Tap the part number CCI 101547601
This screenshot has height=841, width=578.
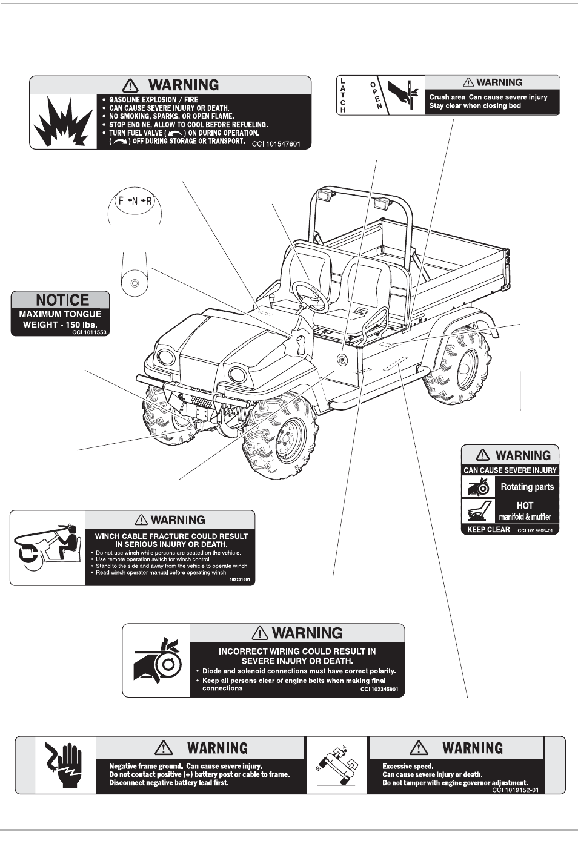tap(276, 144)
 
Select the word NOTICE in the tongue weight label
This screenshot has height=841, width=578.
tap(62, 300)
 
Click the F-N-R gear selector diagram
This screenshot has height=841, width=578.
tap(135, 201)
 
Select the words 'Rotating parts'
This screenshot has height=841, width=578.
tap(527, 487)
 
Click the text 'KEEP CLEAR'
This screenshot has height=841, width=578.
tap(488, 529)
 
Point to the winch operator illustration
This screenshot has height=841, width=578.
tap(47, 546)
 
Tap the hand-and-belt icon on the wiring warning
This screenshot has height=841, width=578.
tap(157, 661)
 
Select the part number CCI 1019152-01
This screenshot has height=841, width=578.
tap(515, 790)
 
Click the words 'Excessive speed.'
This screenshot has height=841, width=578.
tap(408, 766)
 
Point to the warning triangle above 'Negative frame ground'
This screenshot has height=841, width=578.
tap(164, 748)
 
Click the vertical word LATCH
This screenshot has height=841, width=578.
tap(343, 95)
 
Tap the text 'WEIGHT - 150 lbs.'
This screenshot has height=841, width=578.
tap(60, 325)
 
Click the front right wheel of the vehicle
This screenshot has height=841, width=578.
tap(282, 438)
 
